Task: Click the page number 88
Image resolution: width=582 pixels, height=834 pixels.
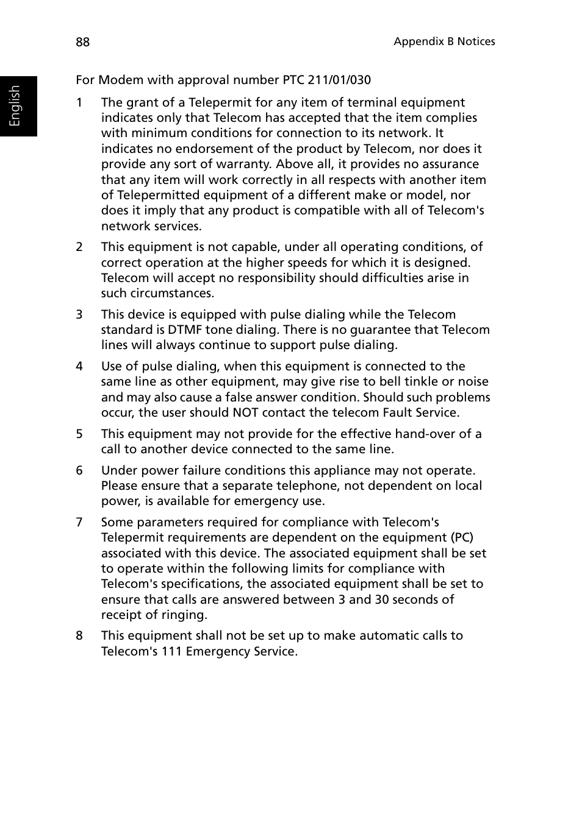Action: [x=82, y=42]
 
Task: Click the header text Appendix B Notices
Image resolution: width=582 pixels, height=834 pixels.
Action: [x=444, y=41]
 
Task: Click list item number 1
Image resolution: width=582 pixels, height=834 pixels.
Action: [x=79, y=102]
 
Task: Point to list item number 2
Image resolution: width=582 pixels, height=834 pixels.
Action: [x=79, y=247]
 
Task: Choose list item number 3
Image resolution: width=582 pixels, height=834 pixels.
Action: [x=79, y=314]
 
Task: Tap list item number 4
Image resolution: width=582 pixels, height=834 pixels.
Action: [x=79, y=366]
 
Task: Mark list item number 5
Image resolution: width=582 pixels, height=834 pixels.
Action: [x=79, y=434]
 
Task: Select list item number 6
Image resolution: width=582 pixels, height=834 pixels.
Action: [x=79, y=470]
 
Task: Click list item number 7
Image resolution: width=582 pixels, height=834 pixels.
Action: [x=79, y=522]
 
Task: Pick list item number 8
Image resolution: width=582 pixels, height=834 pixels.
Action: [x=79, y=635]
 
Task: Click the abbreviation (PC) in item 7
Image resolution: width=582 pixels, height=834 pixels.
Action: [x=462, y=537]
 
